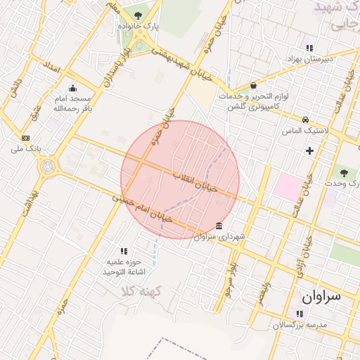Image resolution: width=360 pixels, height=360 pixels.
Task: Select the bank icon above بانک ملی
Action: click(x=26, y=138)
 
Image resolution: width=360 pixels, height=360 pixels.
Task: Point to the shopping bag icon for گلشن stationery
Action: click(x=253, y=85)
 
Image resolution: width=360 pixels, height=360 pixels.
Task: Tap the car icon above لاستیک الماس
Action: click(x=305, y=120)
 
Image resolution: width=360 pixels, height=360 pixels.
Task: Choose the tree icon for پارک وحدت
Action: click(x=343, y=172)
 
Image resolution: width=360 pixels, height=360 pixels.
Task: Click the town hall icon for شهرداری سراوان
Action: click(x=219, y=226)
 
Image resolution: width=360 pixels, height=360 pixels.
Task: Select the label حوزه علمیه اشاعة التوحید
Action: click(x=123, y=266)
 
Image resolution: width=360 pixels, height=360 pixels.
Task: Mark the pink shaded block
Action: click(x=286, y=186)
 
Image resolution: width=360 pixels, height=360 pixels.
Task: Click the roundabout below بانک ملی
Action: click(x=48, y=167)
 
